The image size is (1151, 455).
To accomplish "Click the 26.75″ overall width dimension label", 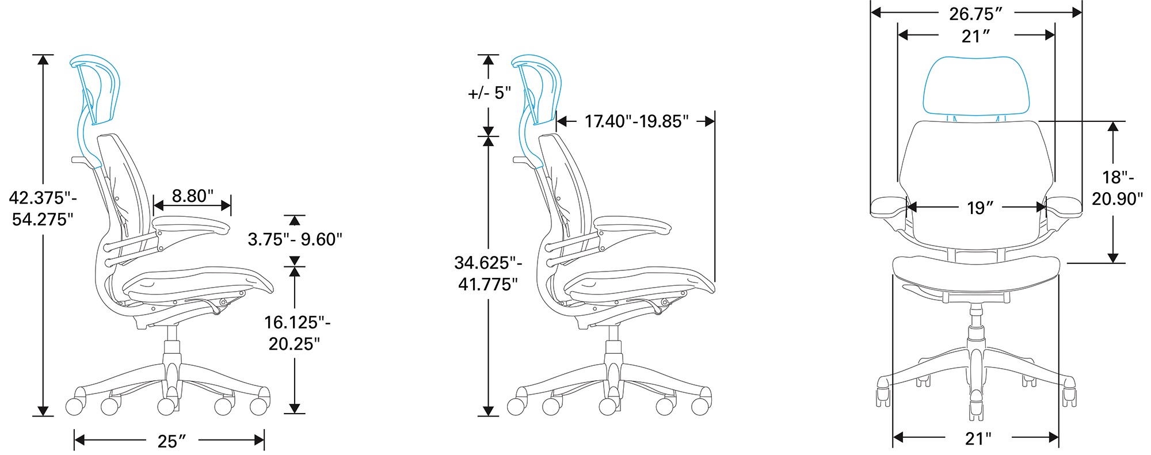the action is pyautogui.click(x=975, y=13).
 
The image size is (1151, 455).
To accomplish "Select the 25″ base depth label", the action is pyautogui.click(x=171, y=441).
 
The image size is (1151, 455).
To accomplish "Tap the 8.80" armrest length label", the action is pyautogui.click(x=193, y=196).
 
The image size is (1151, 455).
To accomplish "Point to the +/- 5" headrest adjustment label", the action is pyautogui.click(x=490, y=93).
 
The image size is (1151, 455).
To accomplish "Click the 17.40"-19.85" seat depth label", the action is pyautogui.click(x=637, y=121).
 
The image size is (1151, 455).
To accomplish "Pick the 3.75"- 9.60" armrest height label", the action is pyautogui.click(x=295, y=239).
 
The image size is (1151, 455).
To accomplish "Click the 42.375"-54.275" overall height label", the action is pyautogui.click(x=43, y=208).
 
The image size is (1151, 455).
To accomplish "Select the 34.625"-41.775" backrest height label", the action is pyautogui.click(x=489, y=273).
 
